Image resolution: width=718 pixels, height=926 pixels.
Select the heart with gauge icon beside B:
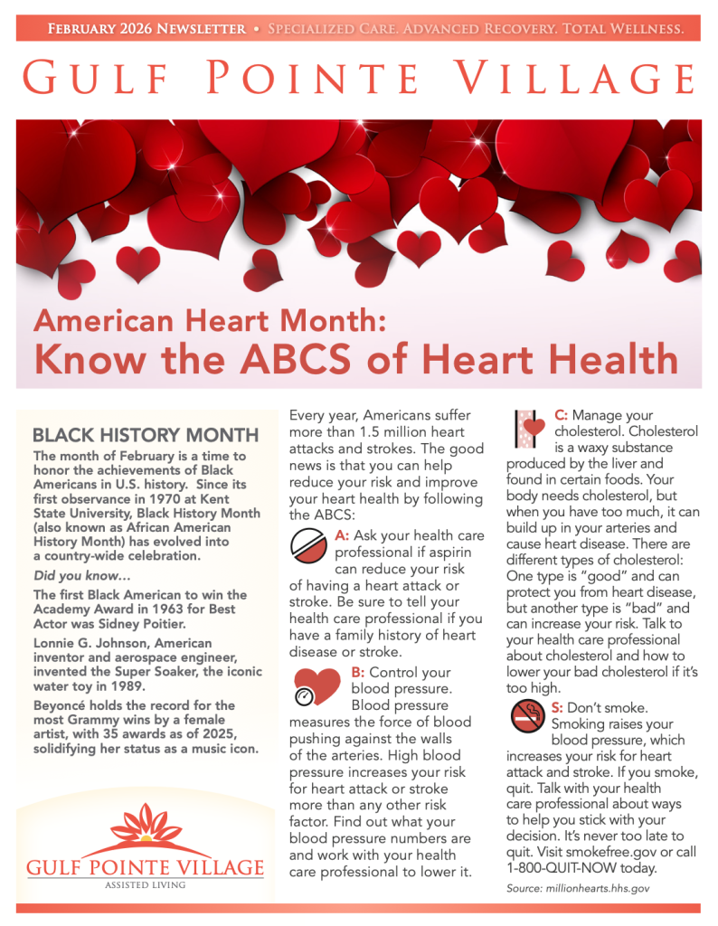pos(316,686)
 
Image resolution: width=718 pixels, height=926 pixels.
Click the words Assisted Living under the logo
pos(146,885)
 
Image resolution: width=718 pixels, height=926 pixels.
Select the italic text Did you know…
pos(71,575)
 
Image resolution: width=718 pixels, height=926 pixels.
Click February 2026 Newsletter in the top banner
pos(146,29)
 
